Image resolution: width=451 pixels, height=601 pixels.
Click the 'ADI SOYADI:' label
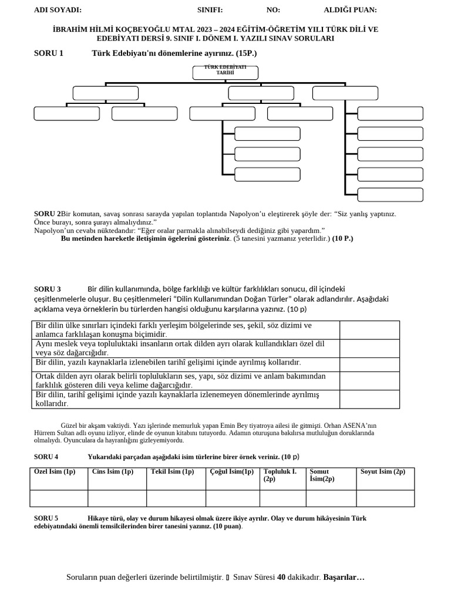(58, 10)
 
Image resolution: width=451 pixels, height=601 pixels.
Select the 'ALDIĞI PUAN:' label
(350, 10)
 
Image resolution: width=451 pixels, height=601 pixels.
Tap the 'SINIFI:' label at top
(210, 10)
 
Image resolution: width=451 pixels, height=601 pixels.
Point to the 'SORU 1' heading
(49, 53)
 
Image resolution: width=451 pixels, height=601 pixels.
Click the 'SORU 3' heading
(48, 289)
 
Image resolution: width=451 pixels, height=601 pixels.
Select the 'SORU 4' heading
(46, 457)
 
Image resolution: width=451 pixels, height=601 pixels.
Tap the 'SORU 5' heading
(46, 518)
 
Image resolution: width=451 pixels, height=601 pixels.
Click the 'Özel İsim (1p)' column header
(55, 472)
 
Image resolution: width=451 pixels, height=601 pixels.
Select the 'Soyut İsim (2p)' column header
(383, 472)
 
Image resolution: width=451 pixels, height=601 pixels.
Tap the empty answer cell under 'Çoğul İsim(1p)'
(232, 498)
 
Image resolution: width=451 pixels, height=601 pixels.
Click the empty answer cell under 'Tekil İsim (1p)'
(176, 498)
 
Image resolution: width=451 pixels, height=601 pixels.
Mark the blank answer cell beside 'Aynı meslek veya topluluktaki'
(369, 348)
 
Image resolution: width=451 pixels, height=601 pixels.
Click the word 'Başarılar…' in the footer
(344, 578)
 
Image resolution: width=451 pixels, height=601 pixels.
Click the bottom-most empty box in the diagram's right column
(390, 195)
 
